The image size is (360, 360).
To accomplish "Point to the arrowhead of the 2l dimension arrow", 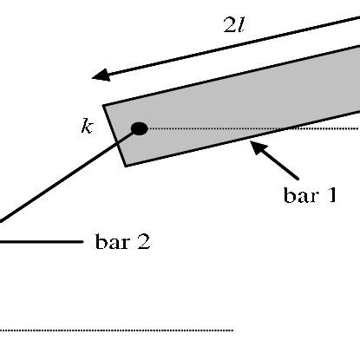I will coord(101,75).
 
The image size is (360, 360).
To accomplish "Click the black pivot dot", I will coord(139,129).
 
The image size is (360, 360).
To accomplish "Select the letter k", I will coord(86,128).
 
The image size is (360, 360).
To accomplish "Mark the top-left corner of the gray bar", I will coord(104,107).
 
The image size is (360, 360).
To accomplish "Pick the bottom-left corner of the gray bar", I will coord(127,166).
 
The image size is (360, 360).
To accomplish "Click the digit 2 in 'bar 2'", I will coord(142,241).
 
